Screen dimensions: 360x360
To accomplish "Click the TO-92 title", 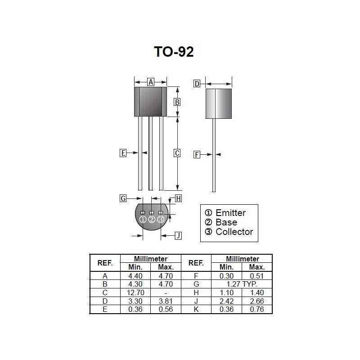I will tap(174, 52).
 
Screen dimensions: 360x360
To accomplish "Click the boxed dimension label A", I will tap(151, 81).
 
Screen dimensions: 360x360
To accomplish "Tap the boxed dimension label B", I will tap(177, 102).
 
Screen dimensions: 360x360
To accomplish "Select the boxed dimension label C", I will tap(177, 153).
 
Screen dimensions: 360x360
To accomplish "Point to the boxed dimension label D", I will tap(197, 84).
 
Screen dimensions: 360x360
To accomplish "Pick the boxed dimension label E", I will tap(123, 153).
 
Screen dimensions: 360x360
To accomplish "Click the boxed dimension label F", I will tap(197, 155).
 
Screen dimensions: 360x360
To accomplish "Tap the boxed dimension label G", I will tap(123, 198).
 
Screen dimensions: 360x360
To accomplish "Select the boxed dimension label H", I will tap(178, 198).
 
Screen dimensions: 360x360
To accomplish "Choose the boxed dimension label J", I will tap(178, 235).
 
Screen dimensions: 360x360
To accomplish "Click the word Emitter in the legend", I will tap(230, 212).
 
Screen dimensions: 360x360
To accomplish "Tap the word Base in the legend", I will tap(226, 222).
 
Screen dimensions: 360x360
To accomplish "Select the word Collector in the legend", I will tap(234, 232).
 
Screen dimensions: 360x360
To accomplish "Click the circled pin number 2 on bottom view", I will tap(152, 220).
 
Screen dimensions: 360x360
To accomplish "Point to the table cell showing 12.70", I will tap(135, 292).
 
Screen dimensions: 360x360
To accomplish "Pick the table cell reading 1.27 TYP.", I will tap(242, 284).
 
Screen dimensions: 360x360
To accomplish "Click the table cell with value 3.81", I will tap(166, 301).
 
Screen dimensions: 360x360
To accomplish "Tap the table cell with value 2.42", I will tap(226, 301).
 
